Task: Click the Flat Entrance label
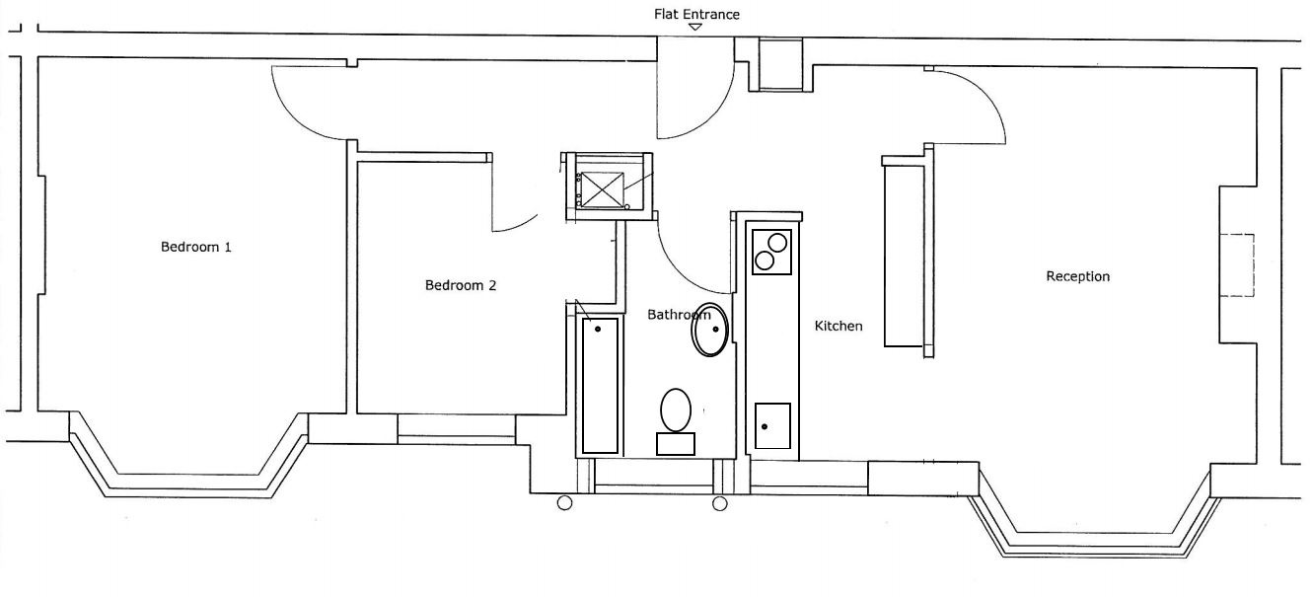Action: pos(696,14)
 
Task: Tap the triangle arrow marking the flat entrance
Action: pos(695,27)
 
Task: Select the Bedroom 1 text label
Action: pos(196,247)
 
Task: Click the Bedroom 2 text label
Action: pos(461,286)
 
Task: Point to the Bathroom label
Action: pos(678,315)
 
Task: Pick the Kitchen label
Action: pos(838,326)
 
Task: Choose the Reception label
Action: pos(1077,276)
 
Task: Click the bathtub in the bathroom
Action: pos(600,385)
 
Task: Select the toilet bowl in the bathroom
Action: pos(676,409)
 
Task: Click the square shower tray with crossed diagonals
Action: pos(601,189)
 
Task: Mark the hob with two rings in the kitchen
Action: pos(770,251)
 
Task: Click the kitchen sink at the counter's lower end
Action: pos(772,425)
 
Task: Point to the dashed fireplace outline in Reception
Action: pos(1237,265)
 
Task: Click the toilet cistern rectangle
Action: pos(676,444)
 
